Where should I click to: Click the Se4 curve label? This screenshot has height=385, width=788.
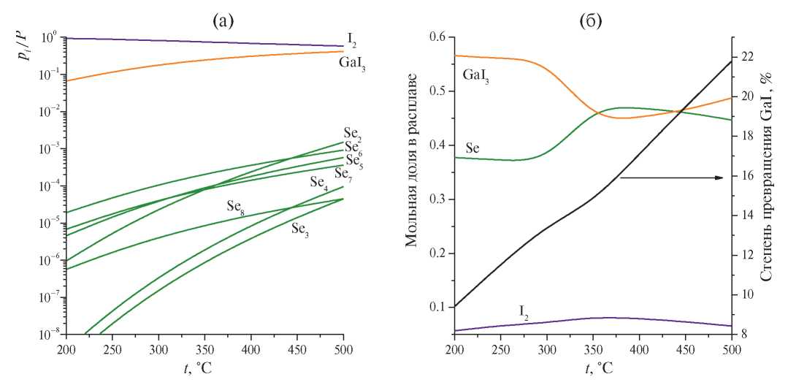pyautogui.click(x=318, y=182)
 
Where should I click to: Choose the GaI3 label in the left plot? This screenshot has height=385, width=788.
pyautogui.click(x=352, y=64)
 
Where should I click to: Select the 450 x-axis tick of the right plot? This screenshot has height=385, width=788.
pyautogui.click(x=685, y=348)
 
